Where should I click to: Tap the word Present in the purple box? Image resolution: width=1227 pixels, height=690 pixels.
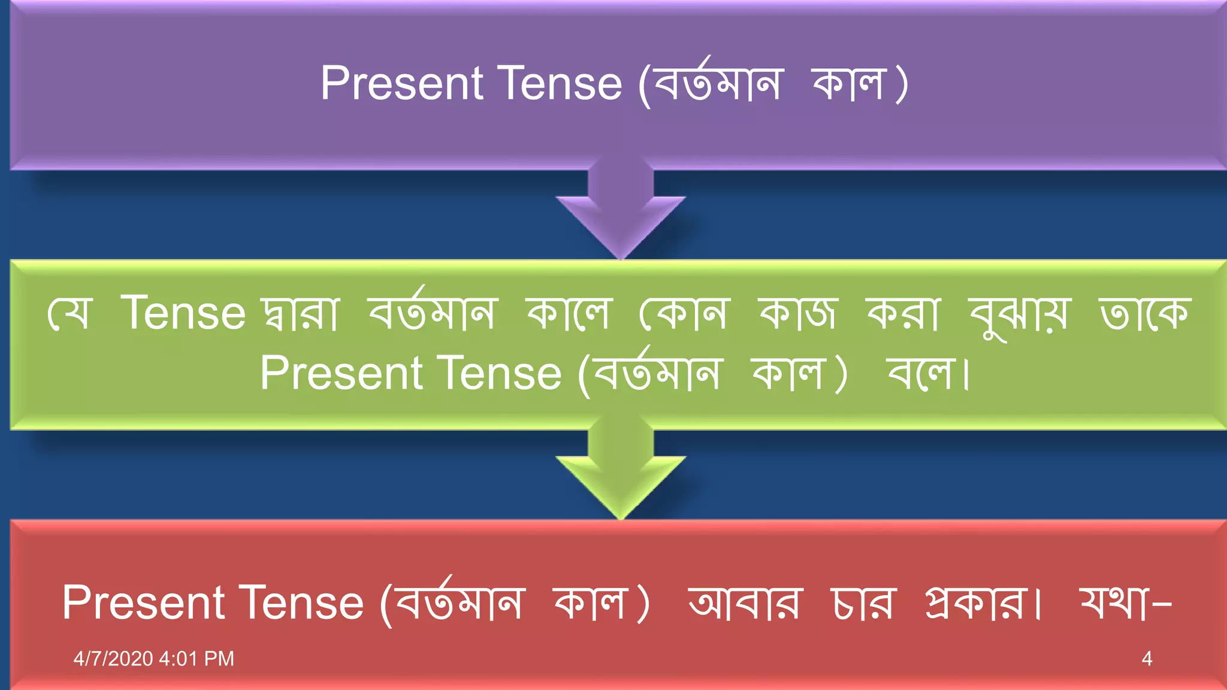[x=402, y=83]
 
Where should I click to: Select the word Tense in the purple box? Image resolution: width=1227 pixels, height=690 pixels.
[x=560, y=83]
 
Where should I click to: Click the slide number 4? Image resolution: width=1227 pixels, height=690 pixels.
[x=1147, y=659]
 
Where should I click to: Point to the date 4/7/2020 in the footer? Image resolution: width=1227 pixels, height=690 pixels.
[x=113, y=659]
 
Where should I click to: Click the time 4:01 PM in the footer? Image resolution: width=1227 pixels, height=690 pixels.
[x=197, y=659]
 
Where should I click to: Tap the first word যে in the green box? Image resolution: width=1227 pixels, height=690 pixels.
[x=69, y=313]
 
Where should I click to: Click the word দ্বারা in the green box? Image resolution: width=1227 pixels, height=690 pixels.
[x=301, y=313]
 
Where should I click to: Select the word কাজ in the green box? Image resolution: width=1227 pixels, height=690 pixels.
[x=797, y=313]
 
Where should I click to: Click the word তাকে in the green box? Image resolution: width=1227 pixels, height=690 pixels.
[x=1144, y=313]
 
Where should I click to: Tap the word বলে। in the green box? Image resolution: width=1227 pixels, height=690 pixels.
[x=928, y=373]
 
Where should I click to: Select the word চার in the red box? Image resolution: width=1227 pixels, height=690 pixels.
[x=863, y=603]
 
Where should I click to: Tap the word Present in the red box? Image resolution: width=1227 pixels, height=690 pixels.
[x=144, y=603]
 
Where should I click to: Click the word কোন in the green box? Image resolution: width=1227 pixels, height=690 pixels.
[x=684, y=313]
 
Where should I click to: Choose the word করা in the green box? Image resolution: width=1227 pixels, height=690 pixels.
[x=904, y=313]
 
